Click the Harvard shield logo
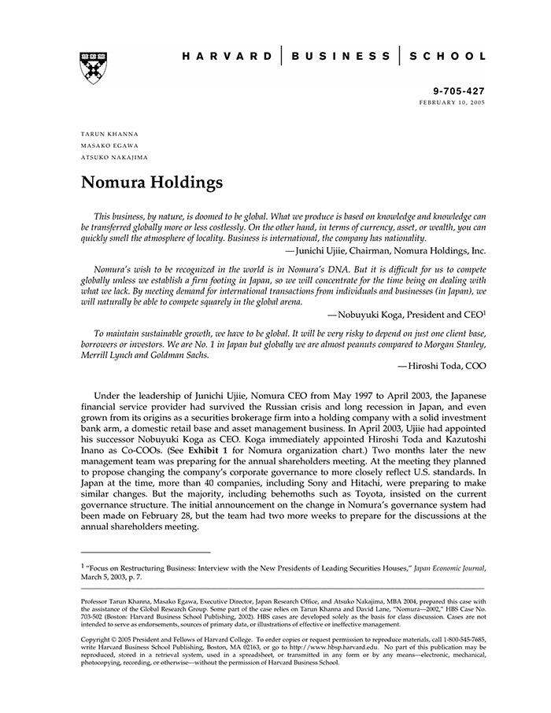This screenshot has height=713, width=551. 94,68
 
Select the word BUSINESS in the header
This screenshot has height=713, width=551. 340,57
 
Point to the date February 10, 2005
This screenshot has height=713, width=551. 453,103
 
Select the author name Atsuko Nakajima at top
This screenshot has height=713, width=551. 114,157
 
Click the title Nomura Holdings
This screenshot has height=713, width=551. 153,183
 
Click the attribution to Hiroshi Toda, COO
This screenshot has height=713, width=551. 442,366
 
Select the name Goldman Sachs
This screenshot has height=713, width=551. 177,355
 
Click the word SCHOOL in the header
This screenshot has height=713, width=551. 449,57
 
